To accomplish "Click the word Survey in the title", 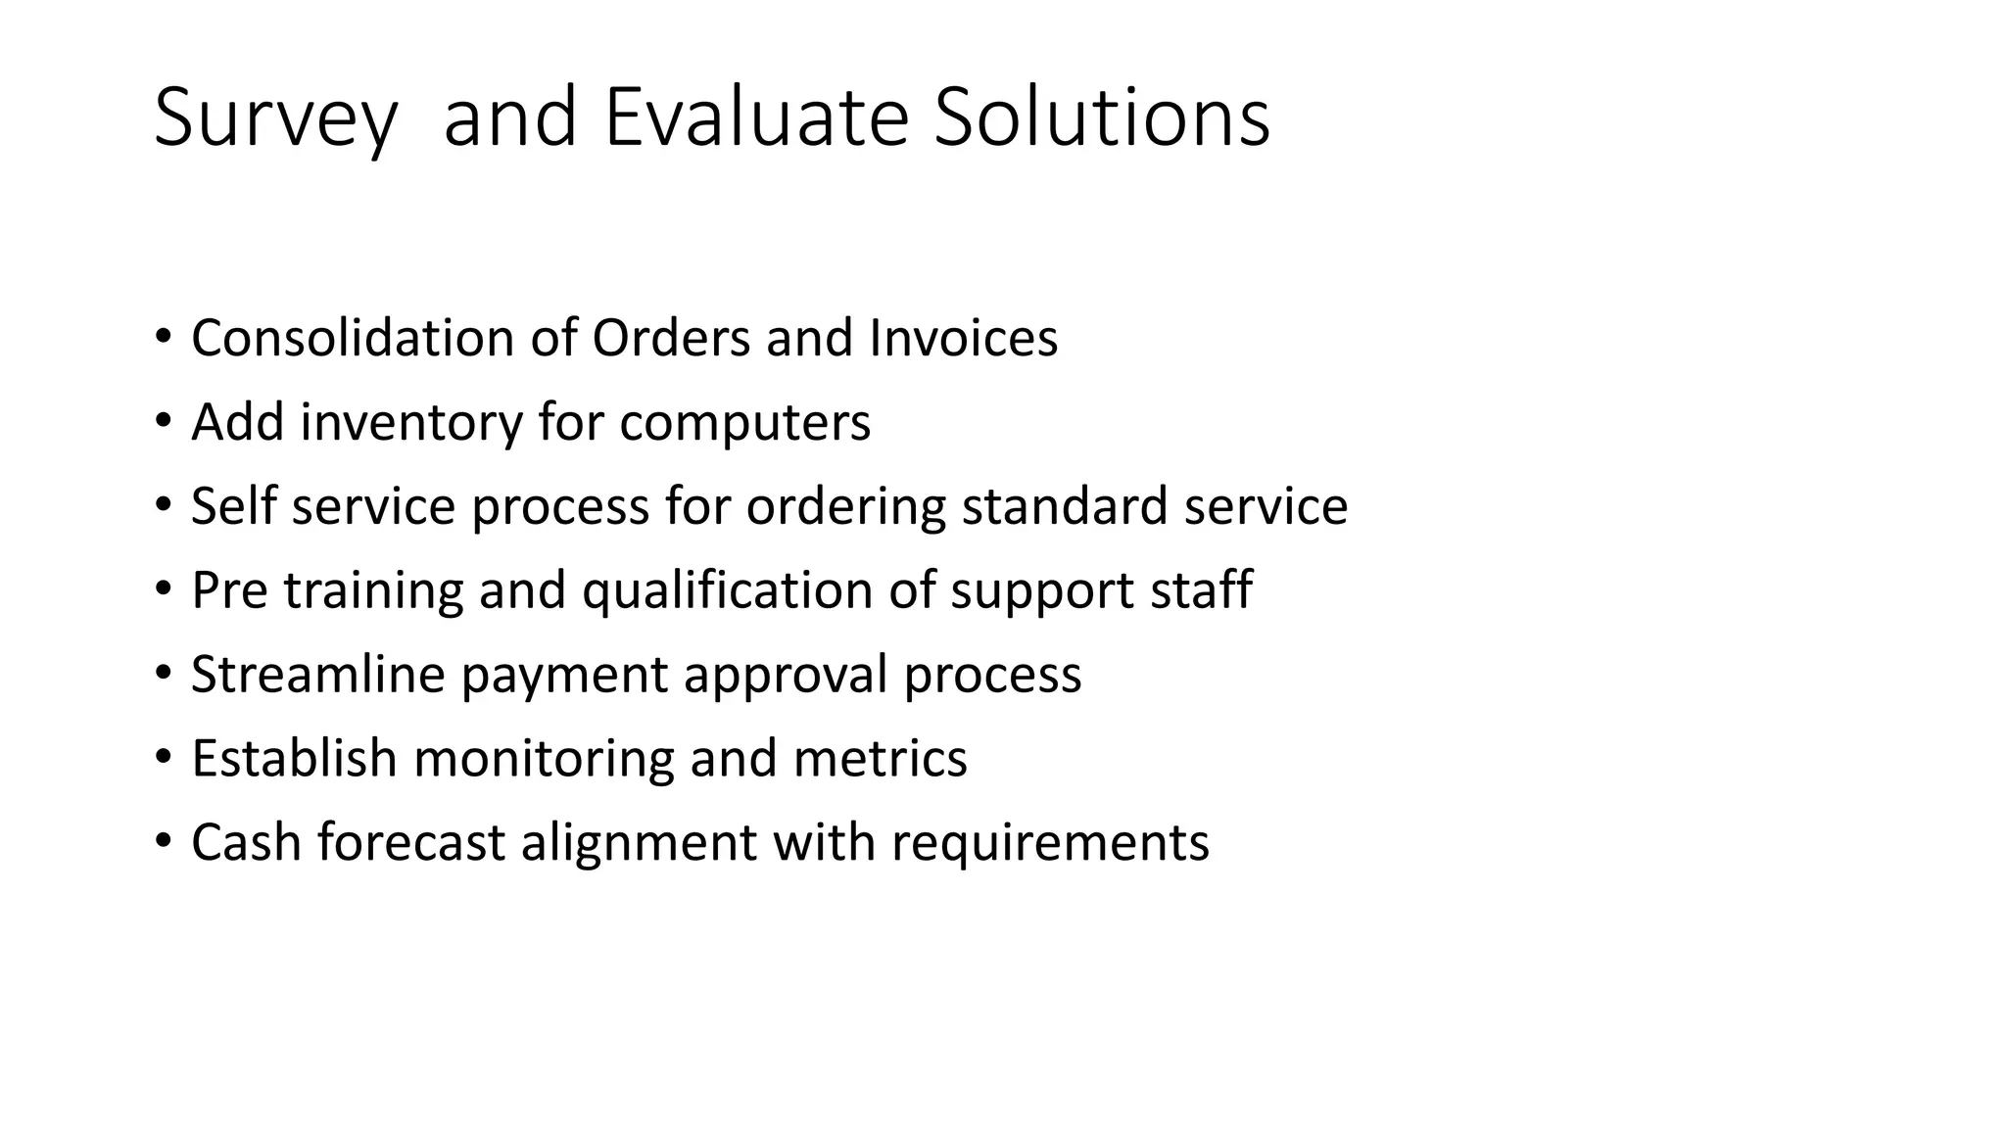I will point(275,119).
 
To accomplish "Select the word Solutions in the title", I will point(1102,117).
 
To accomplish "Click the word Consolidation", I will point(353,338).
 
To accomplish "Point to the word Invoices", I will point(963,338).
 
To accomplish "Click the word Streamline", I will point(318,675).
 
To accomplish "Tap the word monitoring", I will point(544,759).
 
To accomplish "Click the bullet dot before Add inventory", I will point(163,423).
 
